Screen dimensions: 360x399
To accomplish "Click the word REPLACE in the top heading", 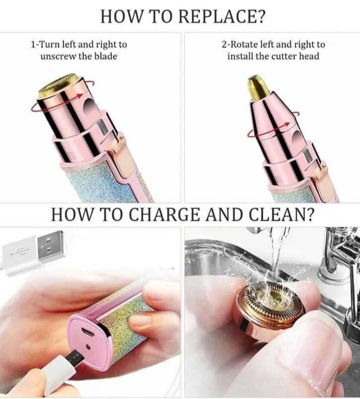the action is click(x=221, y=16).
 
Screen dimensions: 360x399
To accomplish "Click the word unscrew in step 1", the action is click(x=58, y=56).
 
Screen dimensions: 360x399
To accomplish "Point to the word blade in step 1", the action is click(x=106, y=56).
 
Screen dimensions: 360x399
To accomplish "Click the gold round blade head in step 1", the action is click(x=58, y=84).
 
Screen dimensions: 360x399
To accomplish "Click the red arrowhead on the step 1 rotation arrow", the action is click(x=80, y=96).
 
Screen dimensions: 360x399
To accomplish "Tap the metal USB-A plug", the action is click(x=51, y=245).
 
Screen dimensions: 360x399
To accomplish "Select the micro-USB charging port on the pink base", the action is click(x=88, y=332).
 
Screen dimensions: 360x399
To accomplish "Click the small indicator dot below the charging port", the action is click(x=88, y=347).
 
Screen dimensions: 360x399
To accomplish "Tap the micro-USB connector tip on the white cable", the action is click(x=76, y=357).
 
